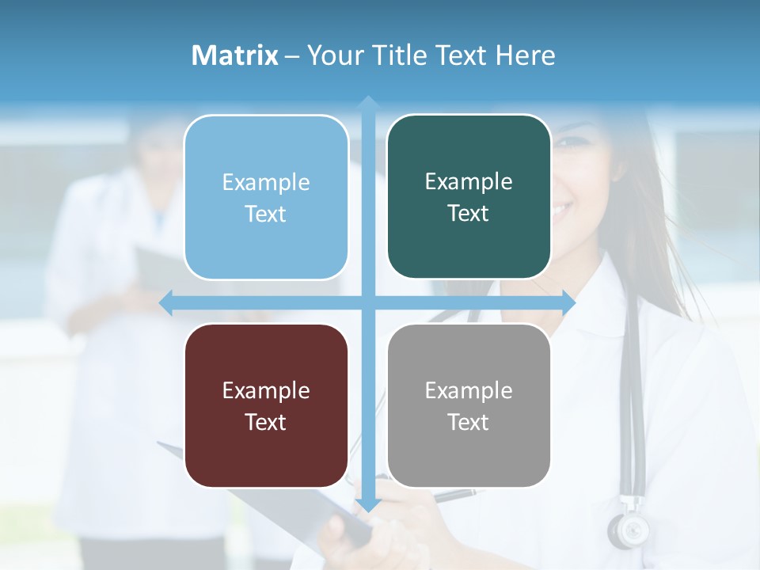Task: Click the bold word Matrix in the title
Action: coord(235,55)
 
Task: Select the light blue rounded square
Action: coord(266,197)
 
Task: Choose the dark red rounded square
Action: coord(266,405)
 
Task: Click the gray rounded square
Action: coord(469,405)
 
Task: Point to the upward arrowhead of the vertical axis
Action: coord(367,104)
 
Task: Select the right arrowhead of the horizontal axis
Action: coord(568,302)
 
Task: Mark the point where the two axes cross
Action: coord(367,302)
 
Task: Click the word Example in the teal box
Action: coord(469,181)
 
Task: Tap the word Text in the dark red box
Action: coord(266,422)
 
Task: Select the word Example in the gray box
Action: coord(469,390)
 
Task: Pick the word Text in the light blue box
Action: coord(266,214)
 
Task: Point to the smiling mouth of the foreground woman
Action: coord(560,211)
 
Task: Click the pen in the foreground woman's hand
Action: coord(455,496)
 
